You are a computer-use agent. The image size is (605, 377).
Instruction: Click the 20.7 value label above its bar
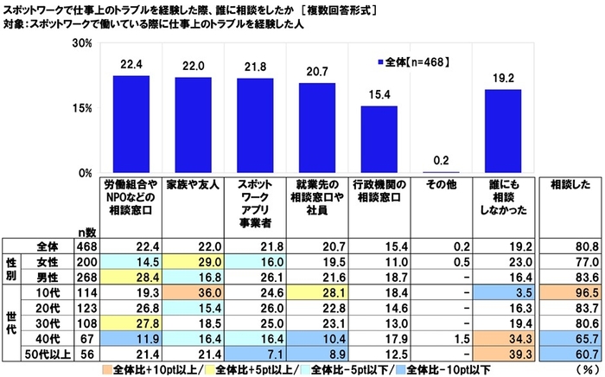(x=311, y=73)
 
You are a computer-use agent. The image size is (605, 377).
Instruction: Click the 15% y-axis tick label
(x=83, y=108)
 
